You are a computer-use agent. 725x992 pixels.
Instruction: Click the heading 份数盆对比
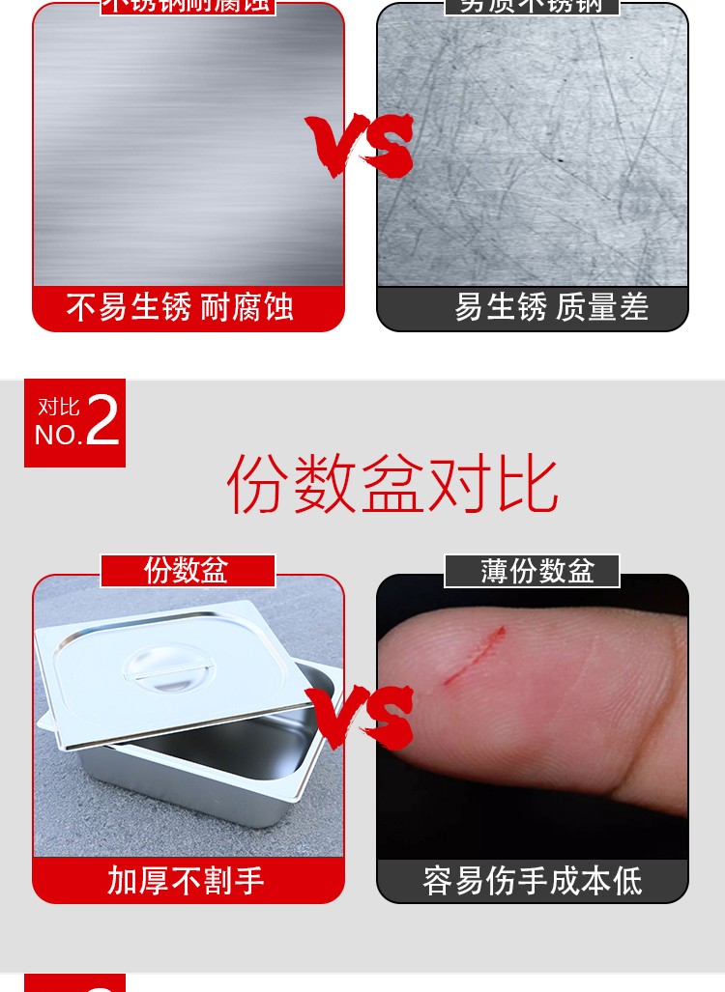391,486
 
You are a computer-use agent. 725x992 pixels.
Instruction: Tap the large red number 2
103,422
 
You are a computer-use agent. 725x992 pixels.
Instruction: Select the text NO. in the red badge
58,436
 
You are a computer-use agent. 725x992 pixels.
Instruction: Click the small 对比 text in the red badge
58,406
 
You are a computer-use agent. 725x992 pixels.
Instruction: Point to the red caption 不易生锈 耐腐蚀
180,308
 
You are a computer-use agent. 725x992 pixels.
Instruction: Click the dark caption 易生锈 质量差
551,308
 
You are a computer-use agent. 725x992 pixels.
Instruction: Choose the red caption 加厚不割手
186,880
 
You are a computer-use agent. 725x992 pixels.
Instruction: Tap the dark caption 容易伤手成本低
533,880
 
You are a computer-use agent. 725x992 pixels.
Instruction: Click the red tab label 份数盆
187,571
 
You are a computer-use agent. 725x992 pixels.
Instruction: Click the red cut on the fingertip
475,656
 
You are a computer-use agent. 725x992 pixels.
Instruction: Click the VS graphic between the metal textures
361,145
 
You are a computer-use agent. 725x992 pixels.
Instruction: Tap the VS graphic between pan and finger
361,716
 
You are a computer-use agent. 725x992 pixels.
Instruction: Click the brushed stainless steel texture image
188,145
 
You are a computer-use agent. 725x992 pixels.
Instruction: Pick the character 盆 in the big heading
392,486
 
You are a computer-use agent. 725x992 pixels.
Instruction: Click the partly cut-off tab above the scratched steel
532,6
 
